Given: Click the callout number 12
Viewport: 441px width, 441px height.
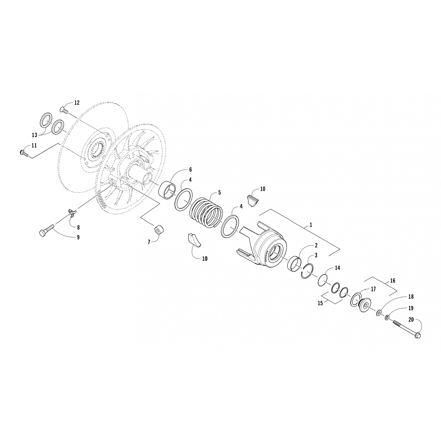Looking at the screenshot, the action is [77, 103].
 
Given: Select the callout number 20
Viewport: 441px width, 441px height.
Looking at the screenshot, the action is [411, 319].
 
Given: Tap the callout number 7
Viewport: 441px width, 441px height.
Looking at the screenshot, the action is [149, 242].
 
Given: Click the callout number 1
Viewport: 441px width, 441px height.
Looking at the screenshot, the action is [311, 225].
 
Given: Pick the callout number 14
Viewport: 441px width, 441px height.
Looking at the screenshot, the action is [337, 268].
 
